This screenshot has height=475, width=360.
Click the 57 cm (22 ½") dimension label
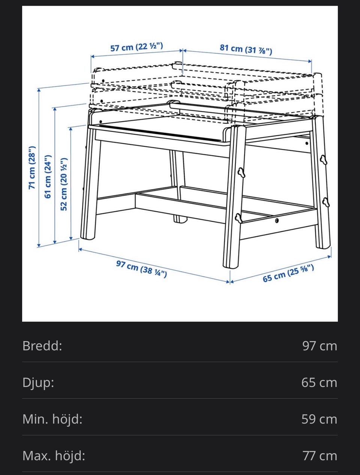click(x=136, y=47)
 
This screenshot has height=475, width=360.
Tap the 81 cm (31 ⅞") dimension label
click(x=246, y=50)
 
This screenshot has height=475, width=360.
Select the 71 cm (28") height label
click(x=32, y=168)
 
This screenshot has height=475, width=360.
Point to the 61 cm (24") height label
click(x=48, y=176)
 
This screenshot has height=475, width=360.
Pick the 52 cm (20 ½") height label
click(x=64, y=184)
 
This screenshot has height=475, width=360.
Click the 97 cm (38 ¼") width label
click(x=142, y=269)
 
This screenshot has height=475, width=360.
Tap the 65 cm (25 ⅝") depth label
click(x=288, y=273)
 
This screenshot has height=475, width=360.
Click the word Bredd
click(x=42, y=346)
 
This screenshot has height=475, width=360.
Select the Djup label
click(x=38, y=383)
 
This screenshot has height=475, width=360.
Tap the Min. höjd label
click(x=52, y=419)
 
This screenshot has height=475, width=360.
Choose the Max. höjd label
click(x=54, y=456)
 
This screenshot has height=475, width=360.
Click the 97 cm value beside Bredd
click(x=319, y=346)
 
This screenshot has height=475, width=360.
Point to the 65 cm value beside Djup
click(x=319, y=383)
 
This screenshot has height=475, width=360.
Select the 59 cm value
click(x=319, y=419)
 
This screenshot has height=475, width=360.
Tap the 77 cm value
click(x=320, y=456)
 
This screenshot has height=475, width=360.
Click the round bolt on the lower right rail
click(x=277, y=221)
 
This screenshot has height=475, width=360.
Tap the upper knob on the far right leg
click(x=324, y=160)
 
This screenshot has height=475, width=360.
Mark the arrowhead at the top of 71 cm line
click(x=39, y=90)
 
